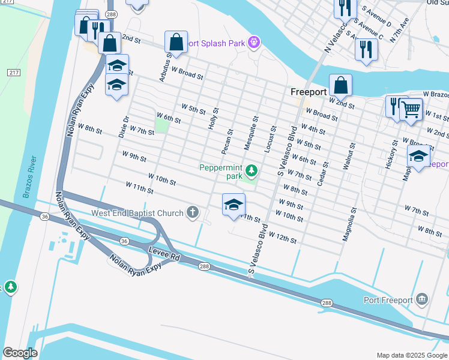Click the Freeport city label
[308, 92]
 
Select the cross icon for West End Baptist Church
[192, 212]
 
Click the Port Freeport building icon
[422, 299]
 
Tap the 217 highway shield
[14, 72]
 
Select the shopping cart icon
[411, 109]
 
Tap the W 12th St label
[283, 238]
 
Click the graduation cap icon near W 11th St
[234, 205]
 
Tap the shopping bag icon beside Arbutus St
[176, 42]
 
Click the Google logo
[20, 353]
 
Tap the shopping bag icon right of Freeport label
[340, 85]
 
